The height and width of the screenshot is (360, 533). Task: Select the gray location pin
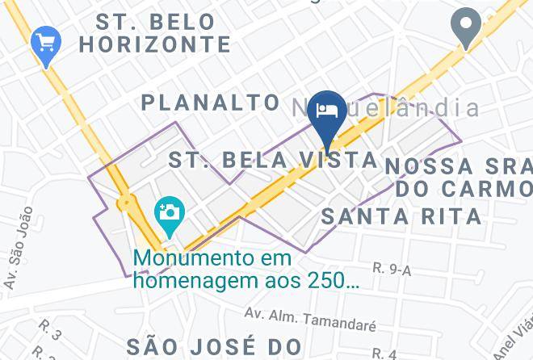[x=466, y=26]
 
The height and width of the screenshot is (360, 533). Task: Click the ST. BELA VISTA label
[x=273, y=159]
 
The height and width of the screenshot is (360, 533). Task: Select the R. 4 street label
[x=384, y=353]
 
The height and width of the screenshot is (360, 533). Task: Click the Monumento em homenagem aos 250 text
[x=246, y=270]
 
